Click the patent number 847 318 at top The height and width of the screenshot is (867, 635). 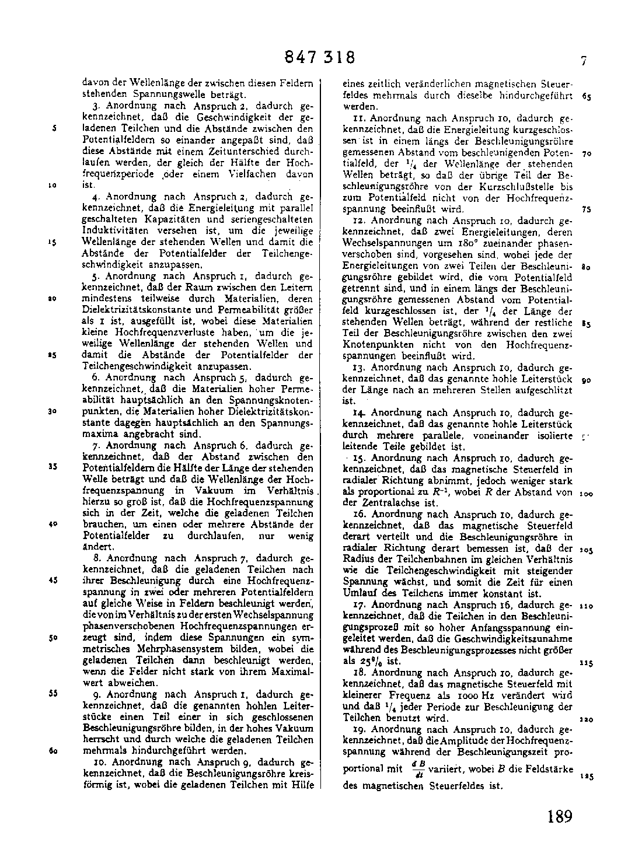(x=320, y=58)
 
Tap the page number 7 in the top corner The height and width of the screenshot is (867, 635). (x=583, y=60)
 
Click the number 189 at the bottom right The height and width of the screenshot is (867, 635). (x=560, y=816)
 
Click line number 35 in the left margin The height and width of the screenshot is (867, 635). (x=53, y=467)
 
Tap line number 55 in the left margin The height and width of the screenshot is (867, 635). (x=53, y=694)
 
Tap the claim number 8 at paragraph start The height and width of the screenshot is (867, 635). (x=95, y=558)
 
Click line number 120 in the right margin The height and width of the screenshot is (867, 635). (x=586, y=720)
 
